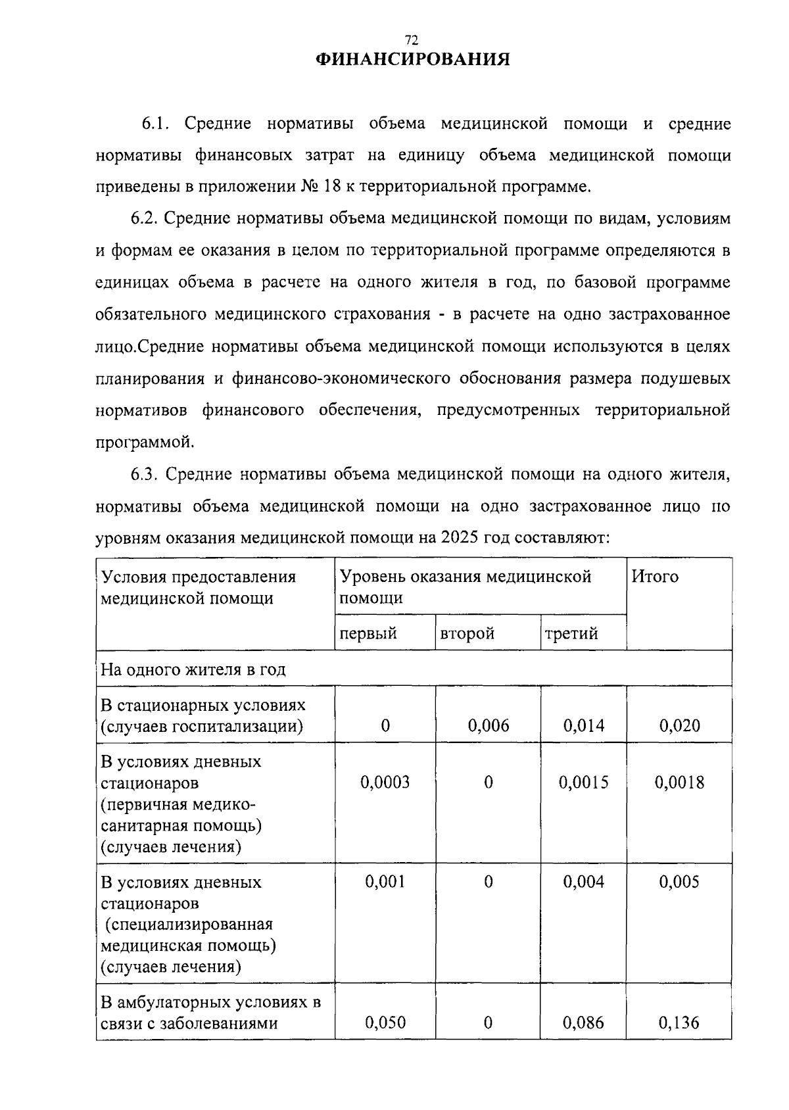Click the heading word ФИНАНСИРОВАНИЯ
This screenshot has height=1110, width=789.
click(413, 60)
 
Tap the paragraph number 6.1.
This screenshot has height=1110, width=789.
click(156, 124)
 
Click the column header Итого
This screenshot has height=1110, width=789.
click(655, 577)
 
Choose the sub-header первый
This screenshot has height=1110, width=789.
click(368, 633)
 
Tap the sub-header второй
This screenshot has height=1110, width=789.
click(467, 633)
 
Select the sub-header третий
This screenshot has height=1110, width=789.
click(571, 633)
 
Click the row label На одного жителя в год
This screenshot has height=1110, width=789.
click(193, 669)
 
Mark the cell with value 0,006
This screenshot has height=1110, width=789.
click(489, 725)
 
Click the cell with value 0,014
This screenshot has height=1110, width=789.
click(584, 725)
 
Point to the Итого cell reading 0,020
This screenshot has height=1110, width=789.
click(680, 725)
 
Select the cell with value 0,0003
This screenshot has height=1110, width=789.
click(385, 782)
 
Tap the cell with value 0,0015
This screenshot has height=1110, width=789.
click(584, 782)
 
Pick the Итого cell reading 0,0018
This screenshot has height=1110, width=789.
click(680, 782)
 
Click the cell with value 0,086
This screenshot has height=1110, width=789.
click(584, 1023)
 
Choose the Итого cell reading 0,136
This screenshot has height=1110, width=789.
click(680, 1023)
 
